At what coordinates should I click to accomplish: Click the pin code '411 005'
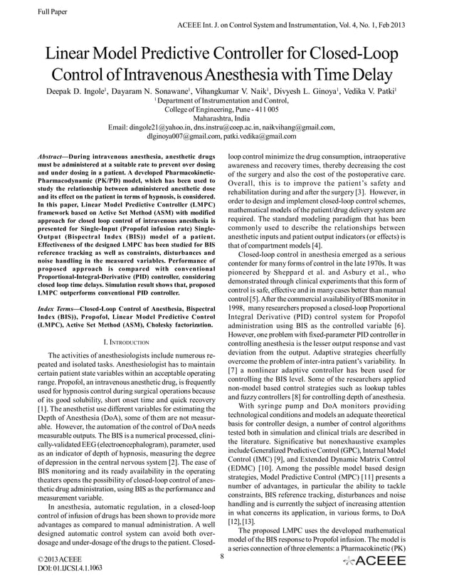(265, 110)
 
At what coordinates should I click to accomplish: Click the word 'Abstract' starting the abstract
(54, 154)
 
